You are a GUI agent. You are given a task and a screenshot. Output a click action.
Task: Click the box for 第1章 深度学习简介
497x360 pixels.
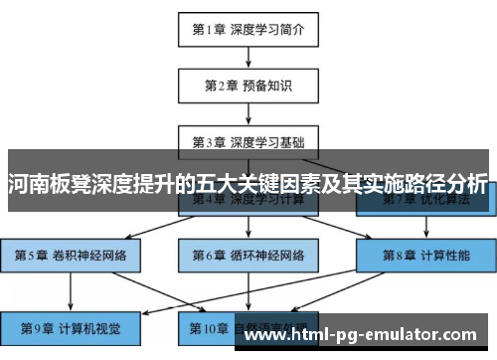pos(248,29)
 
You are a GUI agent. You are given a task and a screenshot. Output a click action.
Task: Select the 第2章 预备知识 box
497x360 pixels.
pos(248,86)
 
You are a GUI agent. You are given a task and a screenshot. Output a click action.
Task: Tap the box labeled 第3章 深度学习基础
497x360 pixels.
pos(248,140)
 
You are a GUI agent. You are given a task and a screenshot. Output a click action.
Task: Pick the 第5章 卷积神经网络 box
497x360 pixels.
pos(71,255)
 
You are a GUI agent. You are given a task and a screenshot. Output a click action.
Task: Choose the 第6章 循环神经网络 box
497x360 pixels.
pos(248,255)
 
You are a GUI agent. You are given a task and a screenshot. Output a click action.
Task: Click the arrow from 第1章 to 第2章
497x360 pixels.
pos(248,57)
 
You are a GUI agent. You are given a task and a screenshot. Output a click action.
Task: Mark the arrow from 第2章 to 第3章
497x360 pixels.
pos(248,112)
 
